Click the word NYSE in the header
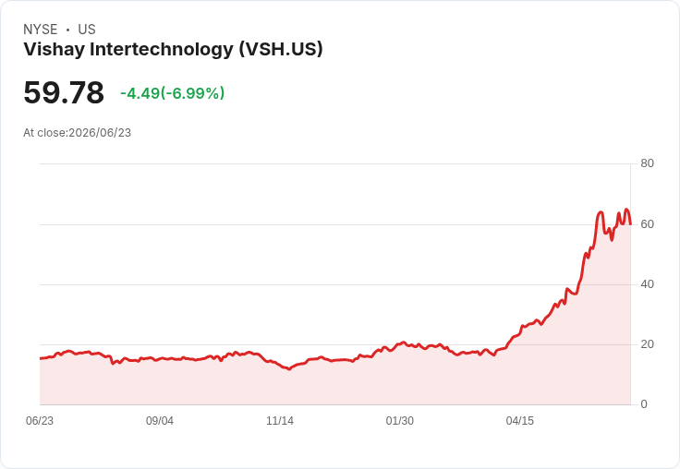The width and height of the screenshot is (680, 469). [x=41, y=30]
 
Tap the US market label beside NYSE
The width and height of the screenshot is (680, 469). [x=87, y=30]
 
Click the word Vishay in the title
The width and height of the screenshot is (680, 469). [x=55, y=50]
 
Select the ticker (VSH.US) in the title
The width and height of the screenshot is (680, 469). [x=281, y=49]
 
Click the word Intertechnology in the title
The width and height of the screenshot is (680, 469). [x=162, y=49]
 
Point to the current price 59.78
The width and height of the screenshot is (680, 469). [x=64, y=92]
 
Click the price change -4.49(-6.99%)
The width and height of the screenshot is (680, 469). [x=173, y=93]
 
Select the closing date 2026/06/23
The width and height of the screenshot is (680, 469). [x=100, y=133]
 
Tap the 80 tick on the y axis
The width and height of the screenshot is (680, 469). [x=647, y=163]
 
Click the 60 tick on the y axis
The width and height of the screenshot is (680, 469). [x=647, y=224]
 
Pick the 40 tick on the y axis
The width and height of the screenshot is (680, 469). [x=647, y=284]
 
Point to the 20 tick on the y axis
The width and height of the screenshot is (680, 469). [x=647, y=344]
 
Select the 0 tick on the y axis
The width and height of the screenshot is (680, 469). [x=644, y=404]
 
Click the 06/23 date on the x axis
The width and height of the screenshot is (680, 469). [x=40, y=421]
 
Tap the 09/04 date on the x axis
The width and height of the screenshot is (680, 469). [x=160, y=421]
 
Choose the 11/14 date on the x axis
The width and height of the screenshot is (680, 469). [x=280, y=421]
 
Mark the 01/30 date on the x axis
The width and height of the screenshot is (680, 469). [x=400, y=421]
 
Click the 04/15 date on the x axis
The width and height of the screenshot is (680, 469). [x=520, y=421]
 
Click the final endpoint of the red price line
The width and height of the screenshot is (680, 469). [x=630, y=224]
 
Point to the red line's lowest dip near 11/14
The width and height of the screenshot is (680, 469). [x=290, y=369]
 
